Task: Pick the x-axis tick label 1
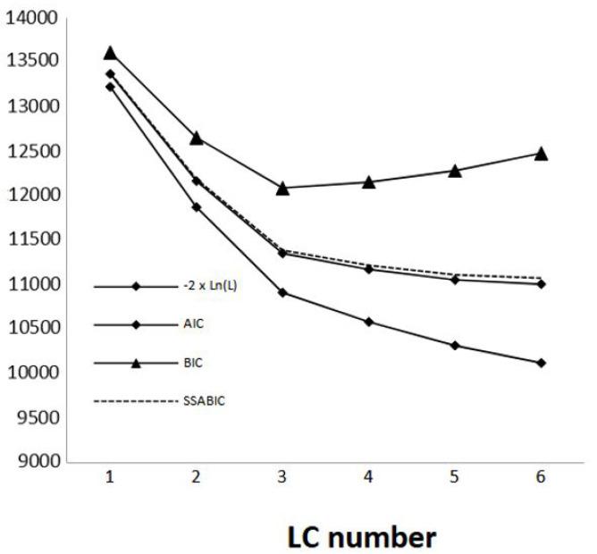pos(109,478)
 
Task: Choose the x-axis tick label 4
pos(368,478)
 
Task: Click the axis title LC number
pos(361,536)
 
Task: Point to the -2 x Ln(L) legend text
pos(209,286)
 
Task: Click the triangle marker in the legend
pos(136,363)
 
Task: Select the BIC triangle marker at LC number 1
pos(109,54)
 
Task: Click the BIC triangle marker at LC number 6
pos(542,153)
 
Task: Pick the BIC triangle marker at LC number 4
pos(368,181)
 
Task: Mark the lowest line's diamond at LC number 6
pos(542,363)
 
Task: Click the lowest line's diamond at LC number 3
pos(282,292)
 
